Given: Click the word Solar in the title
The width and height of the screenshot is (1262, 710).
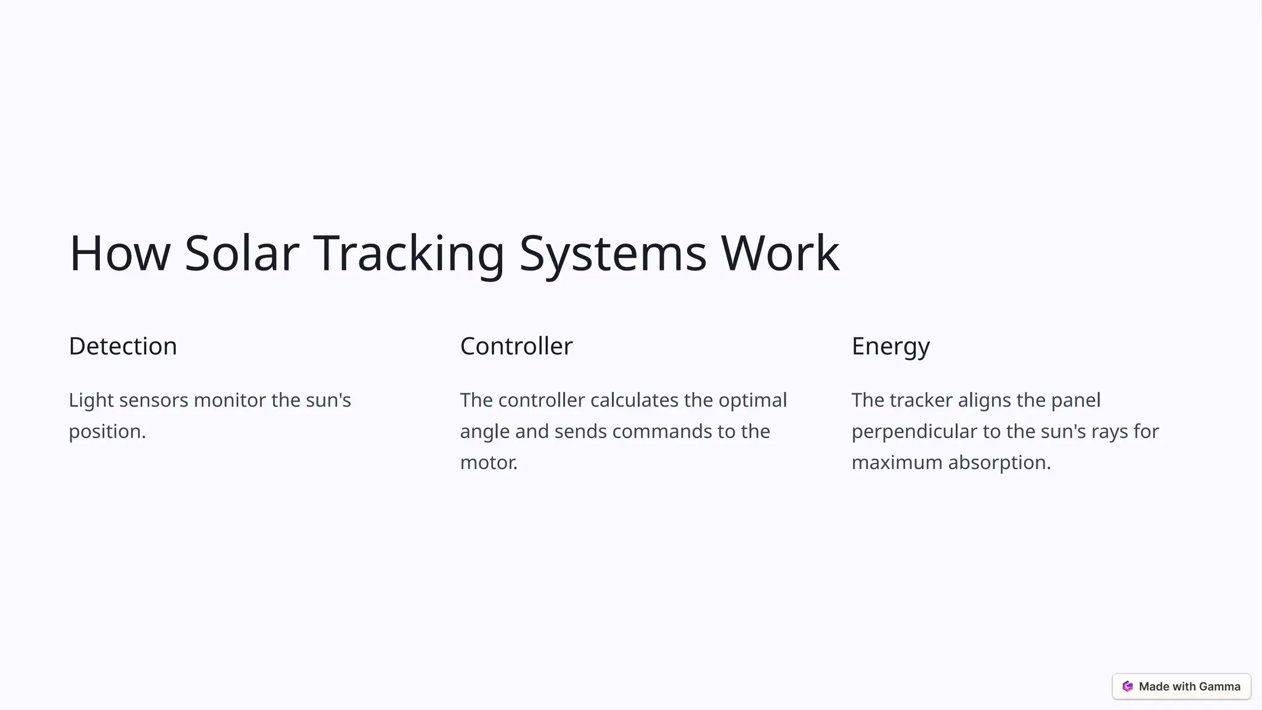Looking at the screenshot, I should (242, 253).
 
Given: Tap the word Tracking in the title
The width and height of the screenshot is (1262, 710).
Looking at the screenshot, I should (409, 253).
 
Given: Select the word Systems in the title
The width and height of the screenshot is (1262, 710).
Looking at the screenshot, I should (613, 253).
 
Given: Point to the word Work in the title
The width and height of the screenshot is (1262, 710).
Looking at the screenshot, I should (780, 253).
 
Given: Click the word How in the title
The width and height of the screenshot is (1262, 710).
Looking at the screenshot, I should (120, 253).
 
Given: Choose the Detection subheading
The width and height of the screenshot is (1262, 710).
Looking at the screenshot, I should (123, 346).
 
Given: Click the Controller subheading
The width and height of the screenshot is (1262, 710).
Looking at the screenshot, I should (516, 346).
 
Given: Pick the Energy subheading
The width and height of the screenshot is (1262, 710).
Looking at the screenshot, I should (890, 346).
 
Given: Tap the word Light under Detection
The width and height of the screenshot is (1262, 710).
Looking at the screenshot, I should (91, 401).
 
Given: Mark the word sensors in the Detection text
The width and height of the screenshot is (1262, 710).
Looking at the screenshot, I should (153, 401).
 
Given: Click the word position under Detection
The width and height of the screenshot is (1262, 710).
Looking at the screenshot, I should (105, 431).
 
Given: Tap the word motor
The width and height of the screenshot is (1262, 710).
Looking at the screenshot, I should (487, 463).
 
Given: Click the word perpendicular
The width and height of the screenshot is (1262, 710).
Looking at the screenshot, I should (914, 431).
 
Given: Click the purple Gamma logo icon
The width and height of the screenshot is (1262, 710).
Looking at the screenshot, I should (1128, 687).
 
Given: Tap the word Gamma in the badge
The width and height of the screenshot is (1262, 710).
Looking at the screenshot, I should (1219, 687).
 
